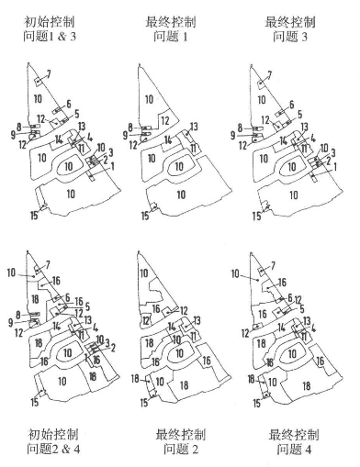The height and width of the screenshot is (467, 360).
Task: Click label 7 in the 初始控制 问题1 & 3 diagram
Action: click(x=49, y=73)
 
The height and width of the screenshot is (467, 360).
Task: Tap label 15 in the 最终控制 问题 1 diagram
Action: click(x=145, y=216)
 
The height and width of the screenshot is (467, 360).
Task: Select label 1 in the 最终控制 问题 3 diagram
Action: click(x=334, y=167)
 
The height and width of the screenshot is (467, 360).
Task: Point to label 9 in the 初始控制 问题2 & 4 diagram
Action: click(x=11, y=323)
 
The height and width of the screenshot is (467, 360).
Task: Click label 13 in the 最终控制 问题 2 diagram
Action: click(x=197, y=320)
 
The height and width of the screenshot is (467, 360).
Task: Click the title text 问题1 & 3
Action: click(x=50, y=37)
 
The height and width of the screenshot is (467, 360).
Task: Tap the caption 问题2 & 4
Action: click(x=53, y=449)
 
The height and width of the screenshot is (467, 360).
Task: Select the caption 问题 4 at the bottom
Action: click(x=294, y=449)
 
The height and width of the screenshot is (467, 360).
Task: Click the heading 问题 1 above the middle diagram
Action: click(x=171, y=37)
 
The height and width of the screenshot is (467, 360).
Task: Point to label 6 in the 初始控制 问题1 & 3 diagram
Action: click(x=68, y=104)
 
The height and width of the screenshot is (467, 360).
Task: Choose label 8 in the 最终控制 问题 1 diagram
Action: click(x=131, y=128)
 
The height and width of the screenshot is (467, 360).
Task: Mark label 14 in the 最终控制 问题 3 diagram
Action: click(x=283, y=141)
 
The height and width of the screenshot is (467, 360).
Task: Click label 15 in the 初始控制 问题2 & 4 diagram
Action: click(x=35, y=402)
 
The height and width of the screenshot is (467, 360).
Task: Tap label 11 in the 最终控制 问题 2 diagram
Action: click(x=194, y=337)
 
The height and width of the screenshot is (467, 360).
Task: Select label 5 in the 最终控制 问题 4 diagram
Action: click(x=302, y=309)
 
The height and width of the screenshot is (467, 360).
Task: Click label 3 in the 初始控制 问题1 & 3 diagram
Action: click(x=111, y=152)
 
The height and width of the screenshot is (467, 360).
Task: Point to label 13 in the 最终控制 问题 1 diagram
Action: click(x=194, y=127)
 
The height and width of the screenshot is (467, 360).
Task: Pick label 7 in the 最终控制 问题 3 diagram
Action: click(x=269, y=74)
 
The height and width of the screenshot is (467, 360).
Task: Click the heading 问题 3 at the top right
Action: click(x=290, y=37)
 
